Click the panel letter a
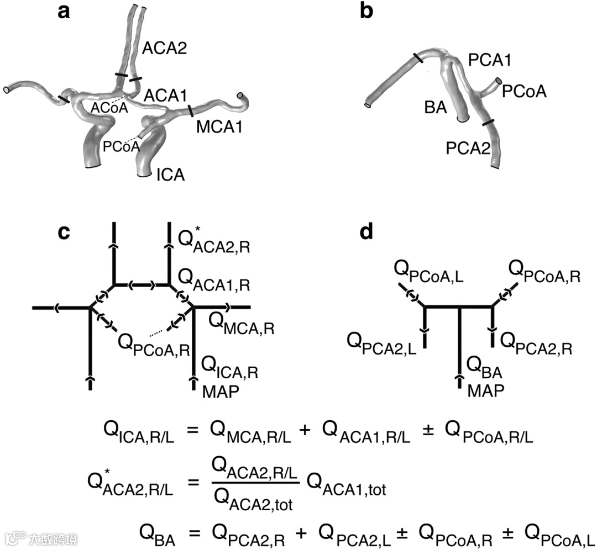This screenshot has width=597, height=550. (65, 12)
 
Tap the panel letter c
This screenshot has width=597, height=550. (65, 232)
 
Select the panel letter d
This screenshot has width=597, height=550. (366, 232)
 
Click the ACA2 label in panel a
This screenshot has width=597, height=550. (164, 49)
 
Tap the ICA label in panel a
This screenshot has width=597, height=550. (170, 176)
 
